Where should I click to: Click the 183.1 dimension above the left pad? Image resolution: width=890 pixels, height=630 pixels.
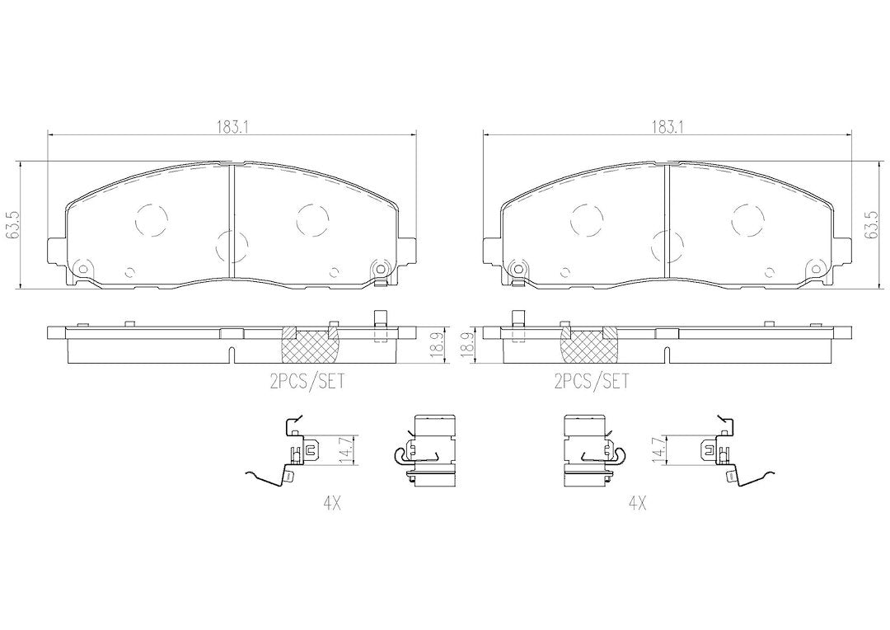pyautogui.click(x=232, y=128)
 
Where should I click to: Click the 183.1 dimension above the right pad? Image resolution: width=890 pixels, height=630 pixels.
pyautogui.click(x=667, y=128)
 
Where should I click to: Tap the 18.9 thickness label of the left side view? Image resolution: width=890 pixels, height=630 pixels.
pyautogui.click(x=436, y=345)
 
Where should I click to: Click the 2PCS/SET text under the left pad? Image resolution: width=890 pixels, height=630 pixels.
pyautogui.click(x=308, y=381)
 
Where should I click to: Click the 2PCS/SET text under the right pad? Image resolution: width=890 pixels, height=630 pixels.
pyautogui.click(x=593, y=381)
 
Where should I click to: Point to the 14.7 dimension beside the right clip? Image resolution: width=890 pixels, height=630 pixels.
pyautogui.click(x=658, y=450)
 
